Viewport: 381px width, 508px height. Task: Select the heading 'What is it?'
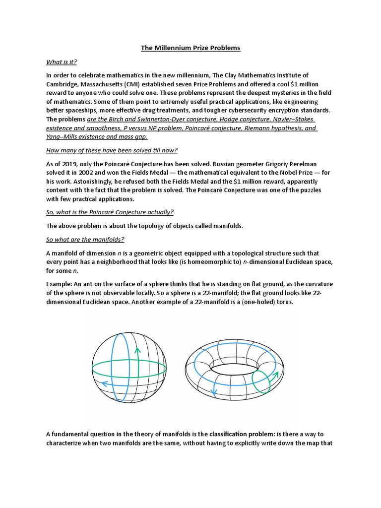62,62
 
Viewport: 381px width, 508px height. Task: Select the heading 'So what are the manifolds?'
85,239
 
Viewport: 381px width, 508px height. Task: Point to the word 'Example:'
61,284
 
